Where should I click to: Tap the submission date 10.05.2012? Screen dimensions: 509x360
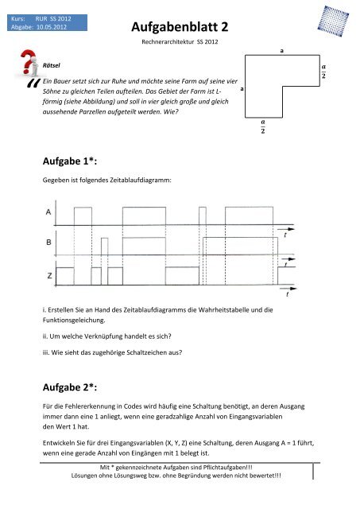(x=49, y=25)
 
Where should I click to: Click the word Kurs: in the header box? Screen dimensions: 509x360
(x=17, y=15)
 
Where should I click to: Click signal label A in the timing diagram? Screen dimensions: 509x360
(x=49, y=212)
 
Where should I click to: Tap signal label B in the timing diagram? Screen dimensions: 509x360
(x=49, y=241)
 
